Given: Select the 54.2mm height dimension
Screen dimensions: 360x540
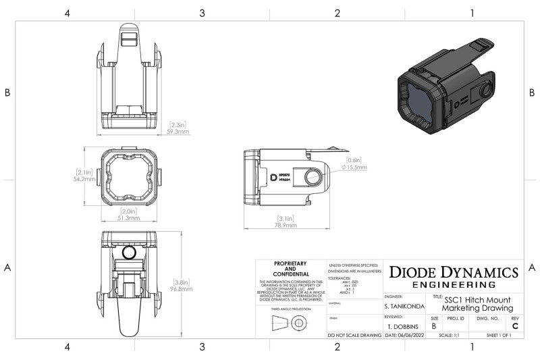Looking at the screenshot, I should (x=84, y=180).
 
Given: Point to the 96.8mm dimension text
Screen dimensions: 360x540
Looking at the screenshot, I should (x=181, y=288).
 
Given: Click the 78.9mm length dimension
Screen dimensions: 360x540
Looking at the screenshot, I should (x=286, y=226).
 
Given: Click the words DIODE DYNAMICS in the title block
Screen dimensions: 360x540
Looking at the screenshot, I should (x=454, y=272).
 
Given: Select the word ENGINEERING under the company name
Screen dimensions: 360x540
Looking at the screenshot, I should (x=454, y=285).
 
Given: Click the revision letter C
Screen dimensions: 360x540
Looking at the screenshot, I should (x=515, y=326).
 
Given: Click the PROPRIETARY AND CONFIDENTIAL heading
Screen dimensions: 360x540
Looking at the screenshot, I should (x=290, y=269).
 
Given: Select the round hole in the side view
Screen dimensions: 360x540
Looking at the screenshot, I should (x=312, y=178).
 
